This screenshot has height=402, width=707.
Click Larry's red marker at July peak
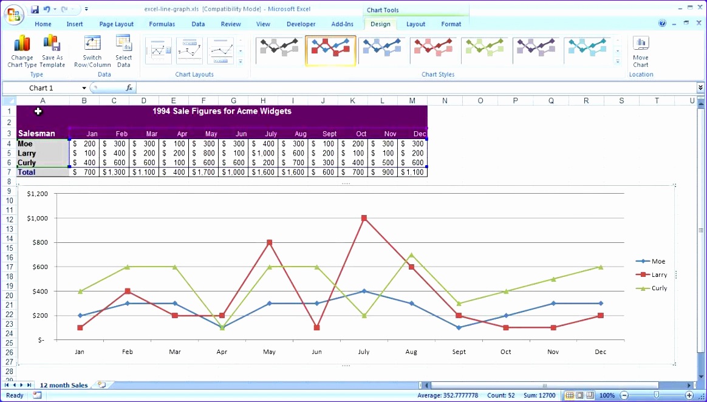click(364, 218)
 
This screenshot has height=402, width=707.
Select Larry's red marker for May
click(270, 242)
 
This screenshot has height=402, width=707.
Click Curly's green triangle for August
click(411, 255)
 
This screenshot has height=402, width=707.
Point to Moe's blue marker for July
click(364, 291)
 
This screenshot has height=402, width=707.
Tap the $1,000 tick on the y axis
click(37, 218)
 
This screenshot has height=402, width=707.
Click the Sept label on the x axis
click(459, 352)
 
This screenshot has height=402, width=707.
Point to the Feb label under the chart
click(128, 352)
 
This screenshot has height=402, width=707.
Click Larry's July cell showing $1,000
click(263, 154)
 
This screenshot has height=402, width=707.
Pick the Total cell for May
click(203, 172)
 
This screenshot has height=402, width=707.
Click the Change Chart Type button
click(22, 52)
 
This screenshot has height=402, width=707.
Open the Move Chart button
click(641, 52)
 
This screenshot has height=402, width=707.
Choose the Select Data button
click(123, 52)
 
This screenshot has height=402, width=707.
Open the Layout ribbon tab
click(415, 24)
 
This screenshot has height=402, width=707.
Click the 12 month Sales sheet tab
click(64, 385)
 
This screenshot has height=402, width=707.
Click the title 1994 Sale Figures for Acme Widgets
click(222, 111)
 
